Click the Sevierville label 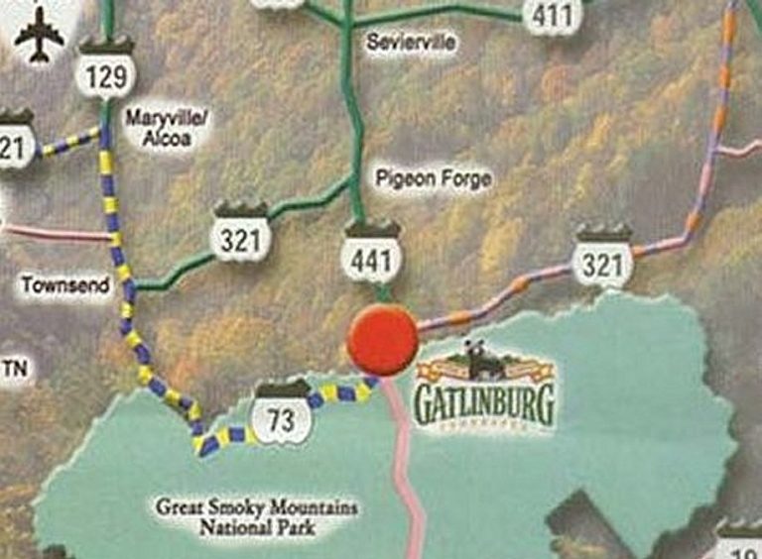click(411, 44)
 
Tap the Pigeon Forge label click(434, 179)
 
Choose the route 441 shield click(372, 254)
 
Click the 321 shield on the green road click(240, 235)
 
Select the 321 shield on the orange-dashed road click(603, 259)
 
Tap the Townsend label click(65, 284)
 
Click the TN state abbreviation click(15, 370)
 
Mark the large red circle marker click(382, 339)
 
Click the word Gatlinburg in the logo click(483, 404)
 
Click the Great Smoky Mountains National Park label click(256, 517)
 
